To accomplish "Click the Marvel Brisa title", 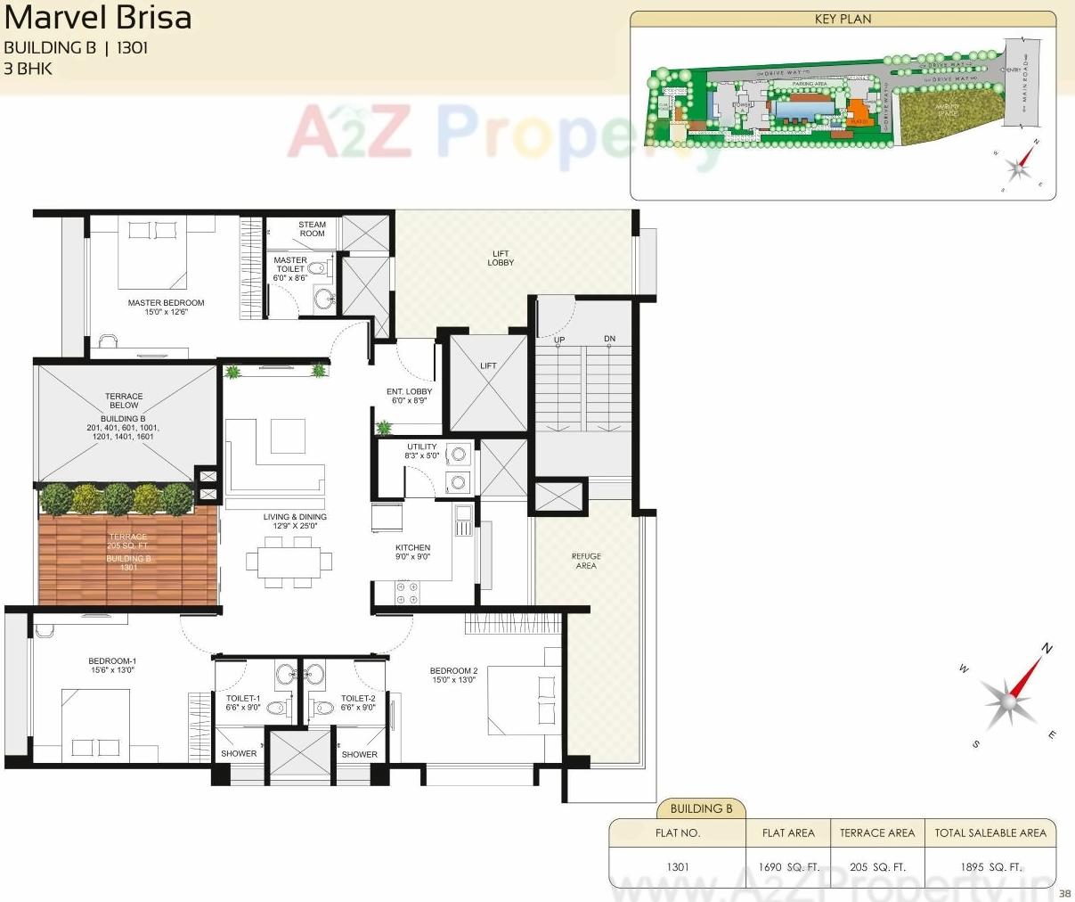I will (98, 17).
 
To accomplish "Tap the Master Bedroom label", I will (166, 303).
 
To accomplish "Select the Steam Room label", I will (312, 229).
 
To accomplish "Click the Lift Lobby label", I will (501, 258).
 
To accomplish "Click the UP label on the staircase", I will (559, 340).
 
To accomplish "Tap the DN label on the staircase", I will (609, 340).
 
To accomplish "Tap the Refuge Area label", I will (586, 561).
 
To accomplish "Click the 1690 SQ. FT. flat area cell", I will (788, 866).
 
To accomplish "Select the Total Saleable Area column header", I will (989, 832).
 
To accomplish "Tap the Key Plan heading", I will (843, 19).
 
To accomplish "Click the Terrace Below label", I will (124, 401).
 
